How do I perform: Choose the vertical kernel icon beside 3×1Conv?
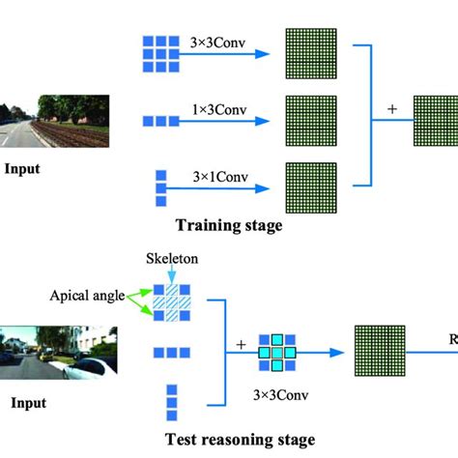click(160, 185)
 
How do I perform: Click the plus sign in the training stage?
click(391, 109)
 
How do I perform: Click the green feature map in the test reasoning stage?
click(381, 354)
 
